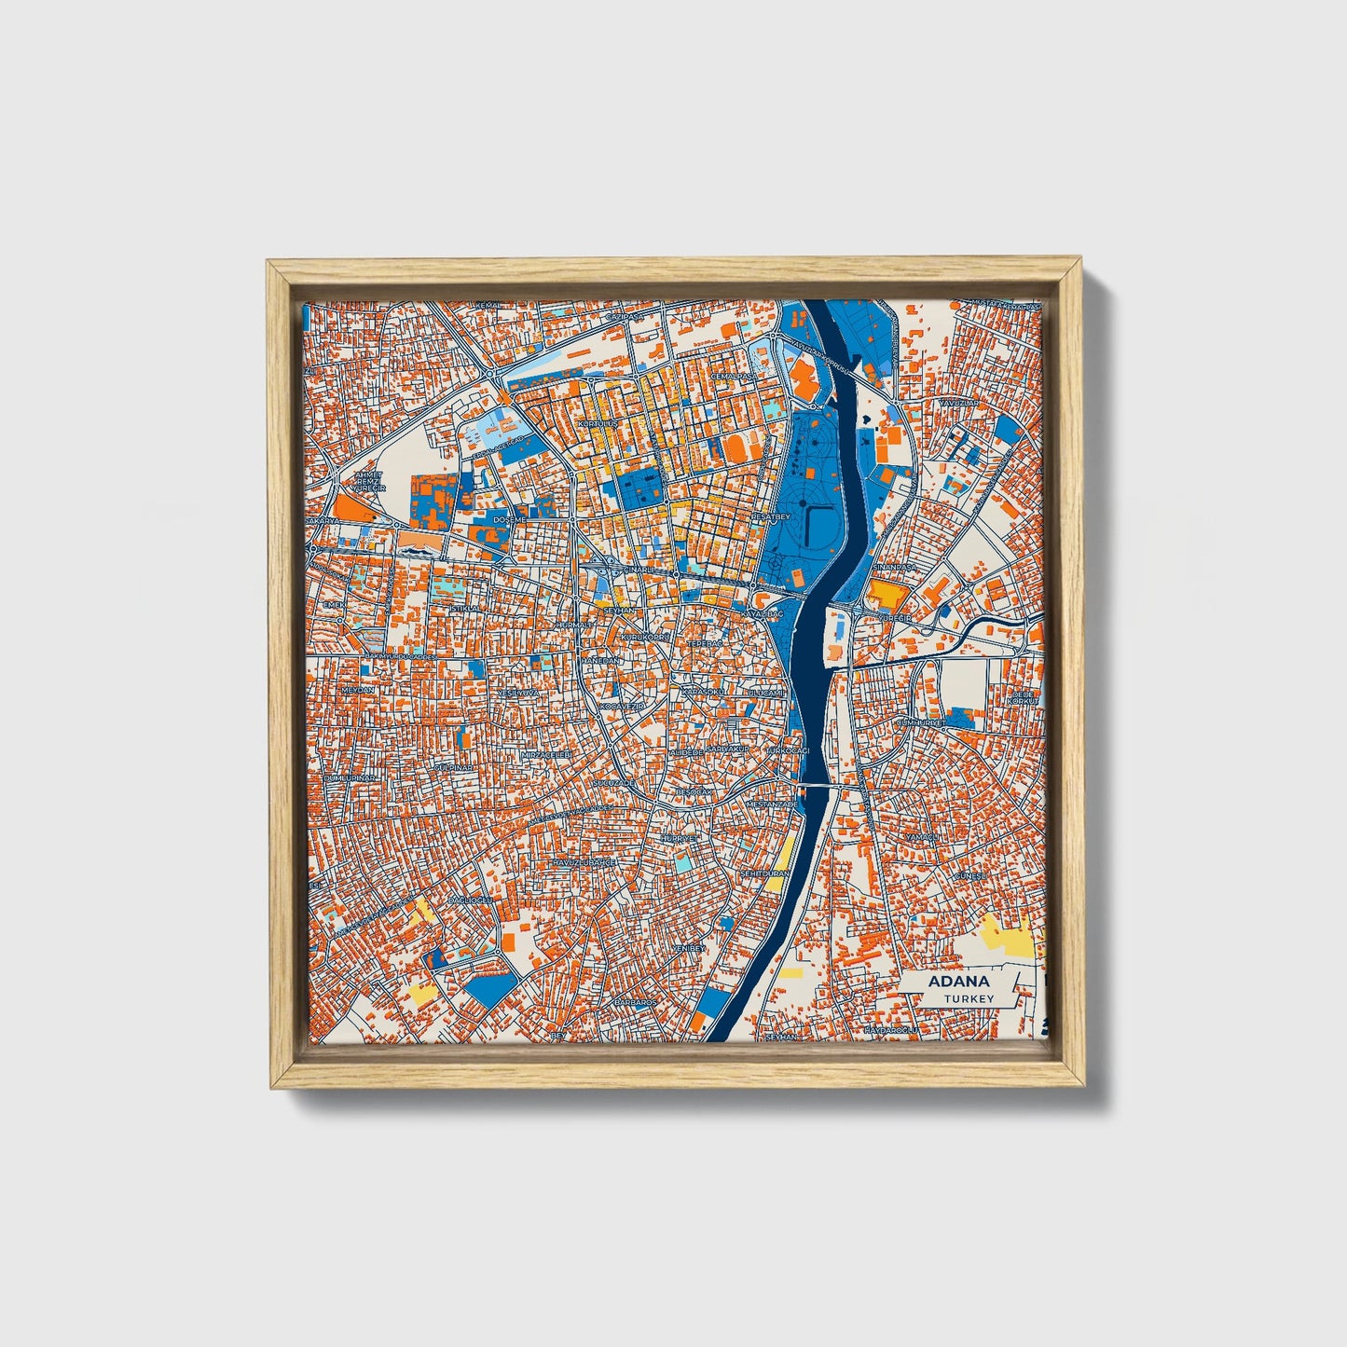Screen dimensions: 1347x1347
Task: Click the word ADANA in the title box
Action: point(958,982)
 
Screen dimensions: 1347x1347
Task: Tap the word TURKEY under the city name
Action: point(968,998)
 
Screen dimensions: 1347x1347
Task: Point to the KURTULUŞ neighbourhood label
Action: point(598,423)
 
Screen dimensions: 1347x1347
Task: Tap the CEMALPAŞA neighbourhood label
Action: point(732,377)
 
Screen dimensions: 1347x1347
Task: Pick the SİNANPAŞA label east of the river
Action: point(888,566)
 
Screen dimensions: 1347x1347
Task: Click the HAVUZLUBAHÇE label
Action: point(584,863)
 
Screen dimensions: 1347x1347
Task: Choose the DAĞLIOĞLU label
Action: point(469,900)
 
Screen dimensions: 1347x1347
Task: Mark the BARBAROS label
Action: point(635,1002)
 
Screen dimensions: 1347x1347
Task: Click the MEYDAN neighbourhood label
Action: point(358,690)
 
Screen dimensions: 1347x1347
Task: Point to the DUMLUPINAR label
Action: point(349,777)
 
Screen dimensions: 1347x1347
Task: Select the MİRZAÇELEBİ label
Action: point(545,753)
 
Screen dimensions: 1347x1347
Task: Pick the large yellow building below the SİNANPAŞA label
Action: point(887,595)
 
